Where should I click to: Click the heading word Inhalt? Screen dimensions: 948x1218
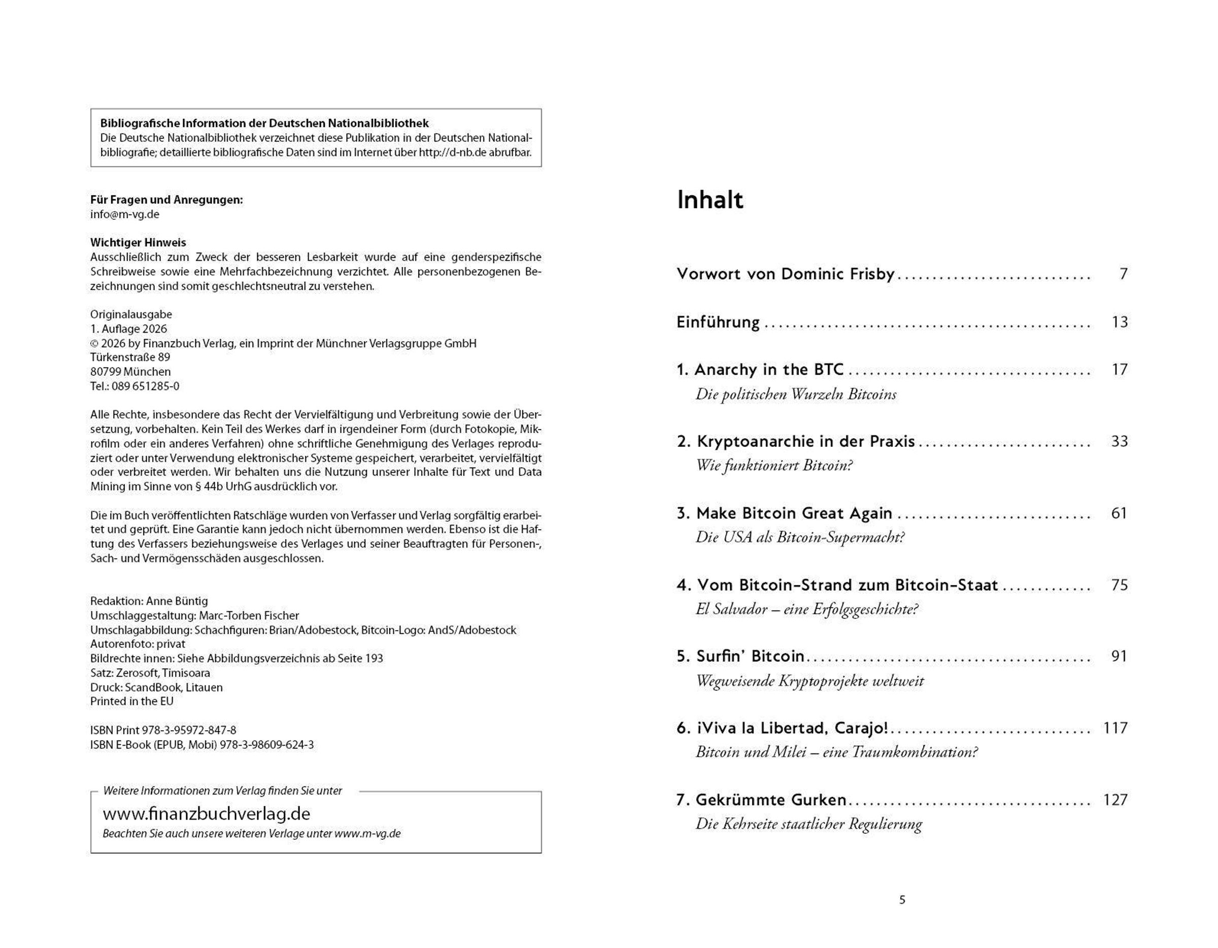click(709, 200)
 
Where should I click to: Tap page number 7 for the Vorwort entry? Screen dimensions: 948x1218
click(1123, 274)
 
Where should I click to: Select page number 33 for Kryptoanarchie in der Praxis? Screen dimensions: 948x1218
click(1119, 441)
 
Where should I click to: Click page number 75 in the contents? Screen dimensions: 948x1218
click(1119, 585)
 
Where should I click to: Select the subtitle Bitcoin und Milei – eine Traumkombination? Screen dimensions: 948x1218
click(836, 752)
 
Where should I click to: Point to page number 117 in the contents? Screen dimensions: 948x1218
click(1115, 728)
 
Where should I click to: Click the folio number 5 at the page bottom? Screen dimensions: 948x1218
click(902, 900)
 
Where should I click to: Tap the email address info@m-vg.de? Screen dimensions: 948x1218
click(125, 214)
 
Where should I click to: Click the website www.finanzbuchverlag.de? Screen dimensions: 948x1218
click(207, 813)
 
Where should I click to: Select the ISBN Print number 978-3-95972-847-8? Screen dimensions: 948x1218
click(189, 730)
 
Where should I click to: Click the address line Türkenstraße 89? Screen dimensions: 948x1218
click(130, 357)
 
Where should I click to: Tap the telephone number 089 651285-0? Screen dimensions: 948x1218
click(146, 386)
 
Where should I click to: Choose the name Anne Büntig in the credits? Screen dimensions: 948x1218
click(177, 601)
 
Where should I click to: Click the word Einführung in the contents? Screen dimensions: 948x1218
click(718, 322)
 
